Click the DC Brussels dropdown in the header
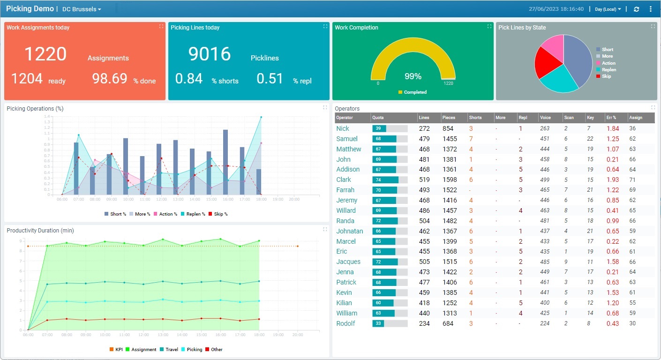[82, 9]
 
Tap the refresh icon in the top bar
[636, 9]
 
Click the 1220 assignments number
[45, 54]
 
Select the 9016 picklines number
[210, 54]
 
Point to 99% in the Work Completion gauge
[413, 76]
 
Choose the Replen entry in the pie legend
[608, 69]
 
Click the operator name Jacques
[348, 262]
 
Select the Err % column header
[612, 118]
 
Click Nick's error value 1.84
[612, 128]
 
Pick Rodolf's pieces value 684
[448, 323]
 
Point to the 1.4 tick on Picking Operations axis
[47, 116]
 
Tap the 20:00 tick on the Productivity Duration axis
[297, 335]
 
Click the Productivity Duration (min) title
[40, 231]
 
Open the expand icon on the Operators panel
[653, 107]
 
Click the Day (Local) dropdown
[608, 9]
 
